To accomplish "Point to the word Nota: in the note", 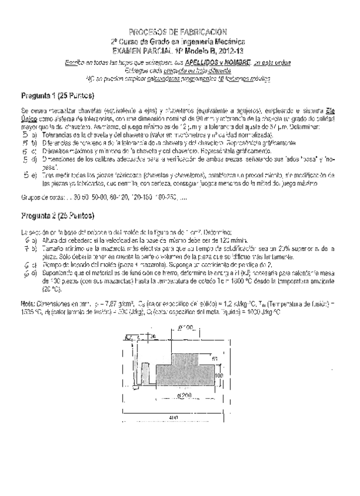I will pos(28,304).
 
